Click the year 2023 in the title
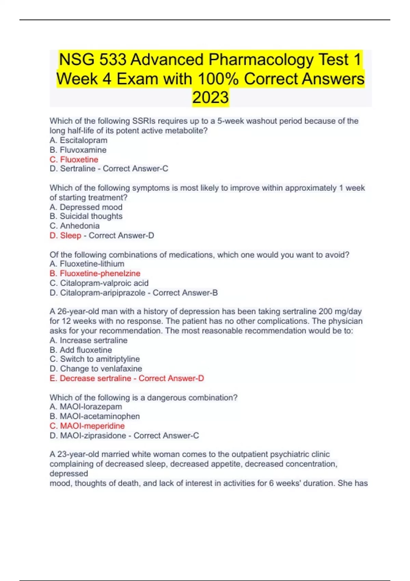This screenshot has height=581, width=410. [x=210, y=97]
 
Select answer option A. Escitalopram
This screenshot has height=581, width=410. [x=79, y=140]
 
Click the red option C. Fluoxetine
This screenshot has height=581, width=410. [x=74, y=160]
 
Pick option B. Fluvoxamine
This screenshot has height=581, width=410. [x=78, y=150]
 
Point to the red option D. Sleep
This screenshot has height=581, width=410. [x=65, y=235]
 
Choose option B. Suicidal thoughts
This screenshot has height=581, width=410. [x=86, y=216]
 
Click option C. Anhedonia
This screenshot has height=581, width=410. [x=74, y=226]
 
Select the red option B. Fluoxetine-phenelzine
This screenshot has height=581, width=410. [x=95, y=273]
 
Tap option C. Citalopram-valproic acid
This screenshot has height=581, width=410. [x=99, y=283]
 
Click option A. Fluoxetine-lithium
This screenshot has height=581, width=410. [x=87, y=264]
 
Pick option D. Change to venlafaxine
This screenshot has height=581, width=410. [x=96, y=369]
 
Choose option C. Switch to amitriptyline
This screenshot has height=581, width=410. [x=95, y=359]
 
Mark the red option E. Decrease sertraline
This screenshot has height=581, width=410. [x=91, y=378]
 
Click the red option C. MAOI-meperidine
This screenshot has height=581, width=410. [x=87, y=426]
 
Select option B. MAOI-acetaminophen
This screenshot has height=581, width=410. [x=95, y=416]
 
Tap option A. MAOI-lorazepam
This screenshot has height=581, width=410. [x=86, y=407]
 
